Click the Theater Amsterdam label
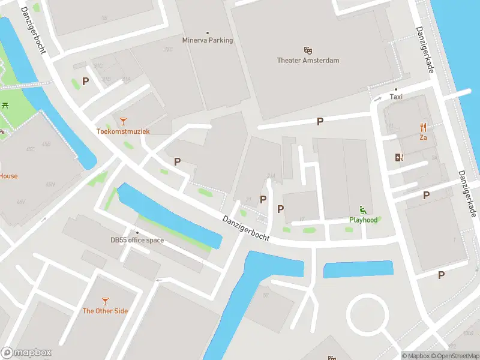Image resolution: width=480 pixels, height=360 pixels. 308,60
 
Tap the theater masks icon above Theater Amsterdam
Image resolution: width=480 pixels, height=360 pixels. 308,50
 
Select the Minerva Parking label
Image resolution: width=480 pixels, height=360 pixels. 208,41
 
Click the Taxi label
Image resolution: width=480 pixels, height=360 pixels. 396,97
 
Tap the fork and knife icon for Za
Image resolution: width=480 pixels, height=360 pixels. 423,127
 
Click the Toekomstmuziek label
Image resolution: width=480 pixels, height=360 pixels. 123,131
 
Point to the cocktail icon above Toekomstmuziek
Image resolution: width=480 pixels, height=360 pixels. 123,121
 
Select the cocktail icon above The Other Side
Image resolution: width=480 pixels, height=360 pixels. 105,301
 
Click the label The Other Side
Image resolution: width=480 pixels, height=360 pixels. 105,311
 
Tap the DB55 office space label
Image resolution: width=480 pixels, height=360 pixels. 137,241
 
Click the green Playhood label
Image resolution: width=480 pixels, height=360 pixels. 363,220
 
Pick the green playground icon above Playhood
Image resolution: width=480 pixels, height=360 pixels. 363,209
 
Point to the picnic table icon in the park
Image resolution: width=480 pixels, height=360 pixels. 5,105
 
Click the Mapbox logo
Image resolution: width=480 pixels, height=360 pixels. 26,353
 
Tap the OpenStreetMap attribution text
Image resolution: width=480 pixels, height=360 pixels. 454,356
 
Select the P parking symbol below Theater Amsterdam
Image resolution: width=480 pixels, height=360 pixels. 320,121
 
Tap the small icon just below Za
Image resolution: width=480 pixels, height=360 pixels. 399,158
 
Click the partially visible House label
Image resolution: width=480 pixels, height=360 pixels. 8,176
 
